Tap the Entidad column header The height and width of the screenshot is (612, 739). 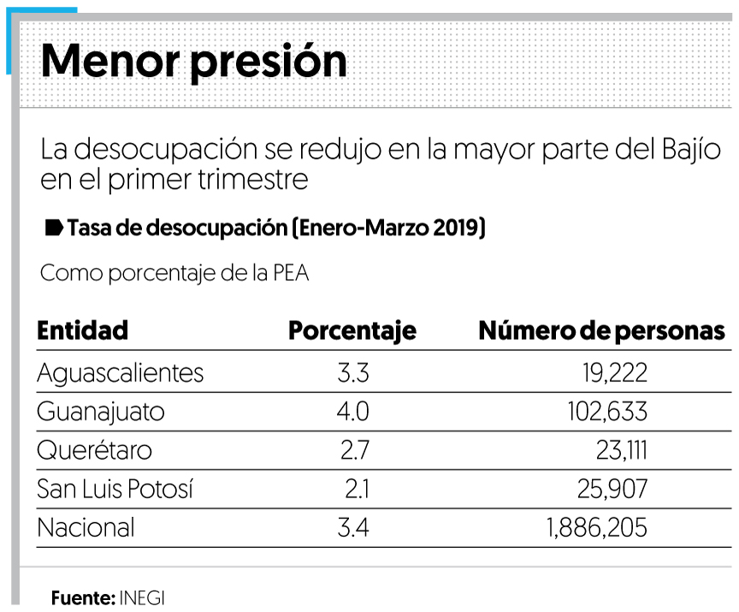[82, 330]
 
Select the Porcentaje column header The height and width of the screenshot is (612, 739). [352, 331]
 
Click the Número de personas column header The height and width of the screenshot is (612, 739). [601, 331]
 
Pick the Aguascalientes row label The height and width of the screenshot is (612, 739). [120, 373]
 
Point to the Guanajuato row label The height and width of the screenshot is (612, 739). [100, 412]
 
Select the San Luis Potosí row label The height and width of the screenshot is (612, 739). [115, 490]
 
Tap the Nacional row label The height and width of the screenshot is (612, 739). [86, 528]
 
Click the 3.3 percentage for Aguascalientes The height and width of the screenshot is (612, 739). [352, 373]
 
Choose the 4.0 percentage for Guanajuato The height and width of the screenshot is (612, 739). [352, 412]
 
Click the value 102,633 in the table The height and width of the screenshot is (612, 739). [606, 412]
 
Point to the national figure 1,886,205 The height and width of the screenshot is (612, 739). [595, 528]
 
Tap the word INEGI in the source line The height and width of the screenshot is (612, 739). [142, 597]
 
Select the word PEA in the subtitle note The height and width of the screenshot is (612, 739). [291, 274]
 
